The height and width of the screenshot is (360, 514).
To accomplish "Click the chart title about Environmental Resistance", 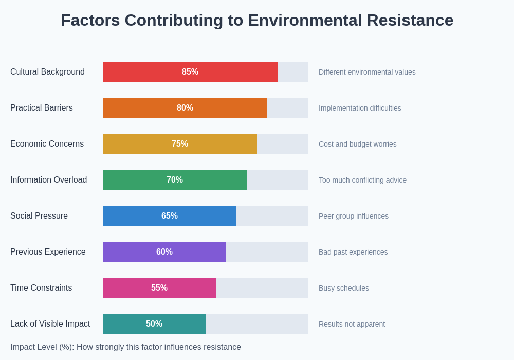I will point(257,21).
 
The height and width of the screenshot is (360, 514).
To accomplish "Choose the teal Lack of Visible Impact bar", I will point(123,324).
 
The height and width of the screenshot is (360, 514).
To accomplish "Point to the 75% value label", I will point(180,144).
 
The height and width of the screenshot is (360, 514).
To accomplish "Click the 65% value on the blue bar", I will point(170,216).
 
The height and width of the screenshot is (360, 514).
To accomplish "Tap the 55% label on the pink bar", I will point(159,288).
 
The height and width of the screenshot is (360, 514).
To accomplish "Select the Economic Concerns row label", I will point(47,144).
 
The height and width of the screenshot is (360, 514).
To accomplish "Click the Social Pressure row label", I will point(39,216).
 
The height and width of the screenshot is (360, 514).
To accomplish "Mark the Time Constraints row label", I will point(41,288).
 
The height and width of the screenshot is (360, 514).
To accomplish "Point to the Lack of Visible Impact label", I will point(50,324).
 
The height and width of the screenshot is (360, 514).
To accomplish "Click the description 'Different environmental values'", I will point(367,72).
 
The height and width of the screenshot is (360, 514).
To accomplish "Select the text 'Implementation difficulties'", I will point(360,108).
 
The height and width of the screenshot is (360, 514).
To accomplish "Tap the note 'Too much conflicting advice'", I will point(362,180).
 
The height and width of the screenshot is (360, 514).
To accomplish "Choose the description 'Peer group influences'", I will point(354,216).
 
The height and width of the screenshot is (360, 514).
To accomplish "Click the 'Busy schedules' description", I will point(344,288).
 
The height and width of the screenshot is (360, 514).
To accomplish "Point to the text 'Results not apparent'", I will point(352,324).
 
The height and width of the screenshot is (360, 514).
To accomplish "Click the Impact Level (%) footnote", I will point(125,347).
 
